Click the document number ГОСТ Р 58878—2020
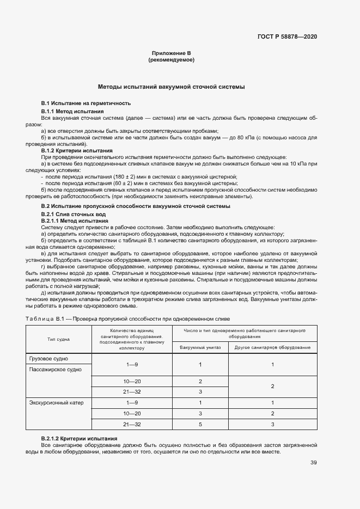pyautogui.click(x=287, y=36)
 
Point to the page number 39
pyautogui.click(x=313, y=463)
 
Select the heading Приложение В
pyautogui.click(x=172, y=53)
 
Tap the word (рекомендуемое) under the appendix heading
pyautogui.click(x=172, y=60)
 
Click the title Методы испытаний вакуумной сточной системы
pyautogui.click(x=171, y=87)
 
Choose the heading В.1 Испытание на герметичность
pyautogui.click(x=86, y=103)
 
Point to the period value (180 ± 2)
pyautogui.click(x=112, y=176)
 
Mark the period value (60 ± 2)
pyautogui.click(x=111, y=183)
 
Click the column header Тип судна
pyautogui.click(x=59, y=339)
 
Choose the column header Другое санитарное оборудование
pyautogui.click(x=272, y=347)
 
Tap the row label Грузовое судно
pyautogui.click(x=52, y=358)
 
